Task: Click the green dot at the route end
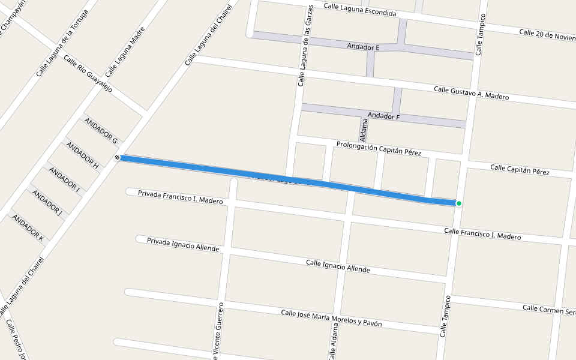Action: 459,203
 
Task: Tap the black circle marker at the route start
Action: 117,157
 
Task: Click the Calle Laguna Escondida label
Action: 360,9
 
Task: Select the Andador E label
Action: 364,46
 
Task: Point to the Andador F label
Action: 383,116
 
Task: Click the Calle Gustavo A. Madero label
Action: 471,93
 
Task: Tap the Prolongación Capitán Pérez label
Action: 379,149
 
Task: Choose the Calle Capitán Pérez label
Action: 520,170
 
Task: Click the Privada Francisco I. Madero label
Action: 180,197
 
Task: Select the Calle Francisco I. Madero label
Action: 482,233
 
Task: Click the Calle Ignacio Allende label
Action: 338,266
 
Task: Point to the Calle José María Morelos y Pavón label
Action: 331,318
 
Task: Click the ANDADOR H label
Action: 82,154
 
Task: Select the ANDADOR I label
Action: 65,179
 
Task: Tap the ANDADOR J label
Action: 47,202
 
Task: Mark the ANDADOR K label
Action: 28,227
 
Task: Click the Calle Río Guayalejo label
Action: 88,74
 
